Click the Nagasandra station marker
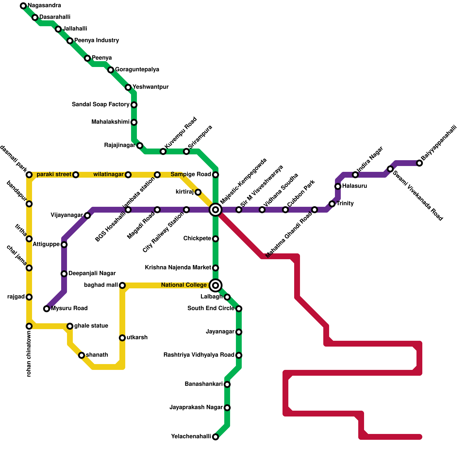[23, 6]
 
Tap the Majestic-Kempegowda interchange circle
[216, 210]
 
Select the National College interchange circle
[216, 285]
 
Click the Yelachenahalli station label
[191, 437]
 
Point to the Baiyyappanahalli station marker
[419, 163]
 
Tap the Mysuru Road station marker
[47, 309]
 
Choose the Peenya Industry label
[97, 40]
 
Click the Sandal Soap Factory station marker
[134, 105]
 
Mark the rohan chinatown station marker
[29, 326]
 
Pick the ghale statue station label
[91, 326]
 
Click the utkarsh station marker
[122, 338]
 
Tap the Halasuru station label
[354, 186]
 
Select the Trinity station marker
[332, 204]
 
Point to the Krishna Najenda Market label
[178, 268]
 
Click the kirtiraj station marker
[198, 192]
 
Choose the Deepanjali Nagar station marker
[64, 274]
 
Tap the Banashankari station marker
[227, 384]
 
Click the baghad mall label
[101, 285]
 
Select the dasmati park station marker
[29, 175]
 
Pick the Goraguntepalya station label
[137, 70]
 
